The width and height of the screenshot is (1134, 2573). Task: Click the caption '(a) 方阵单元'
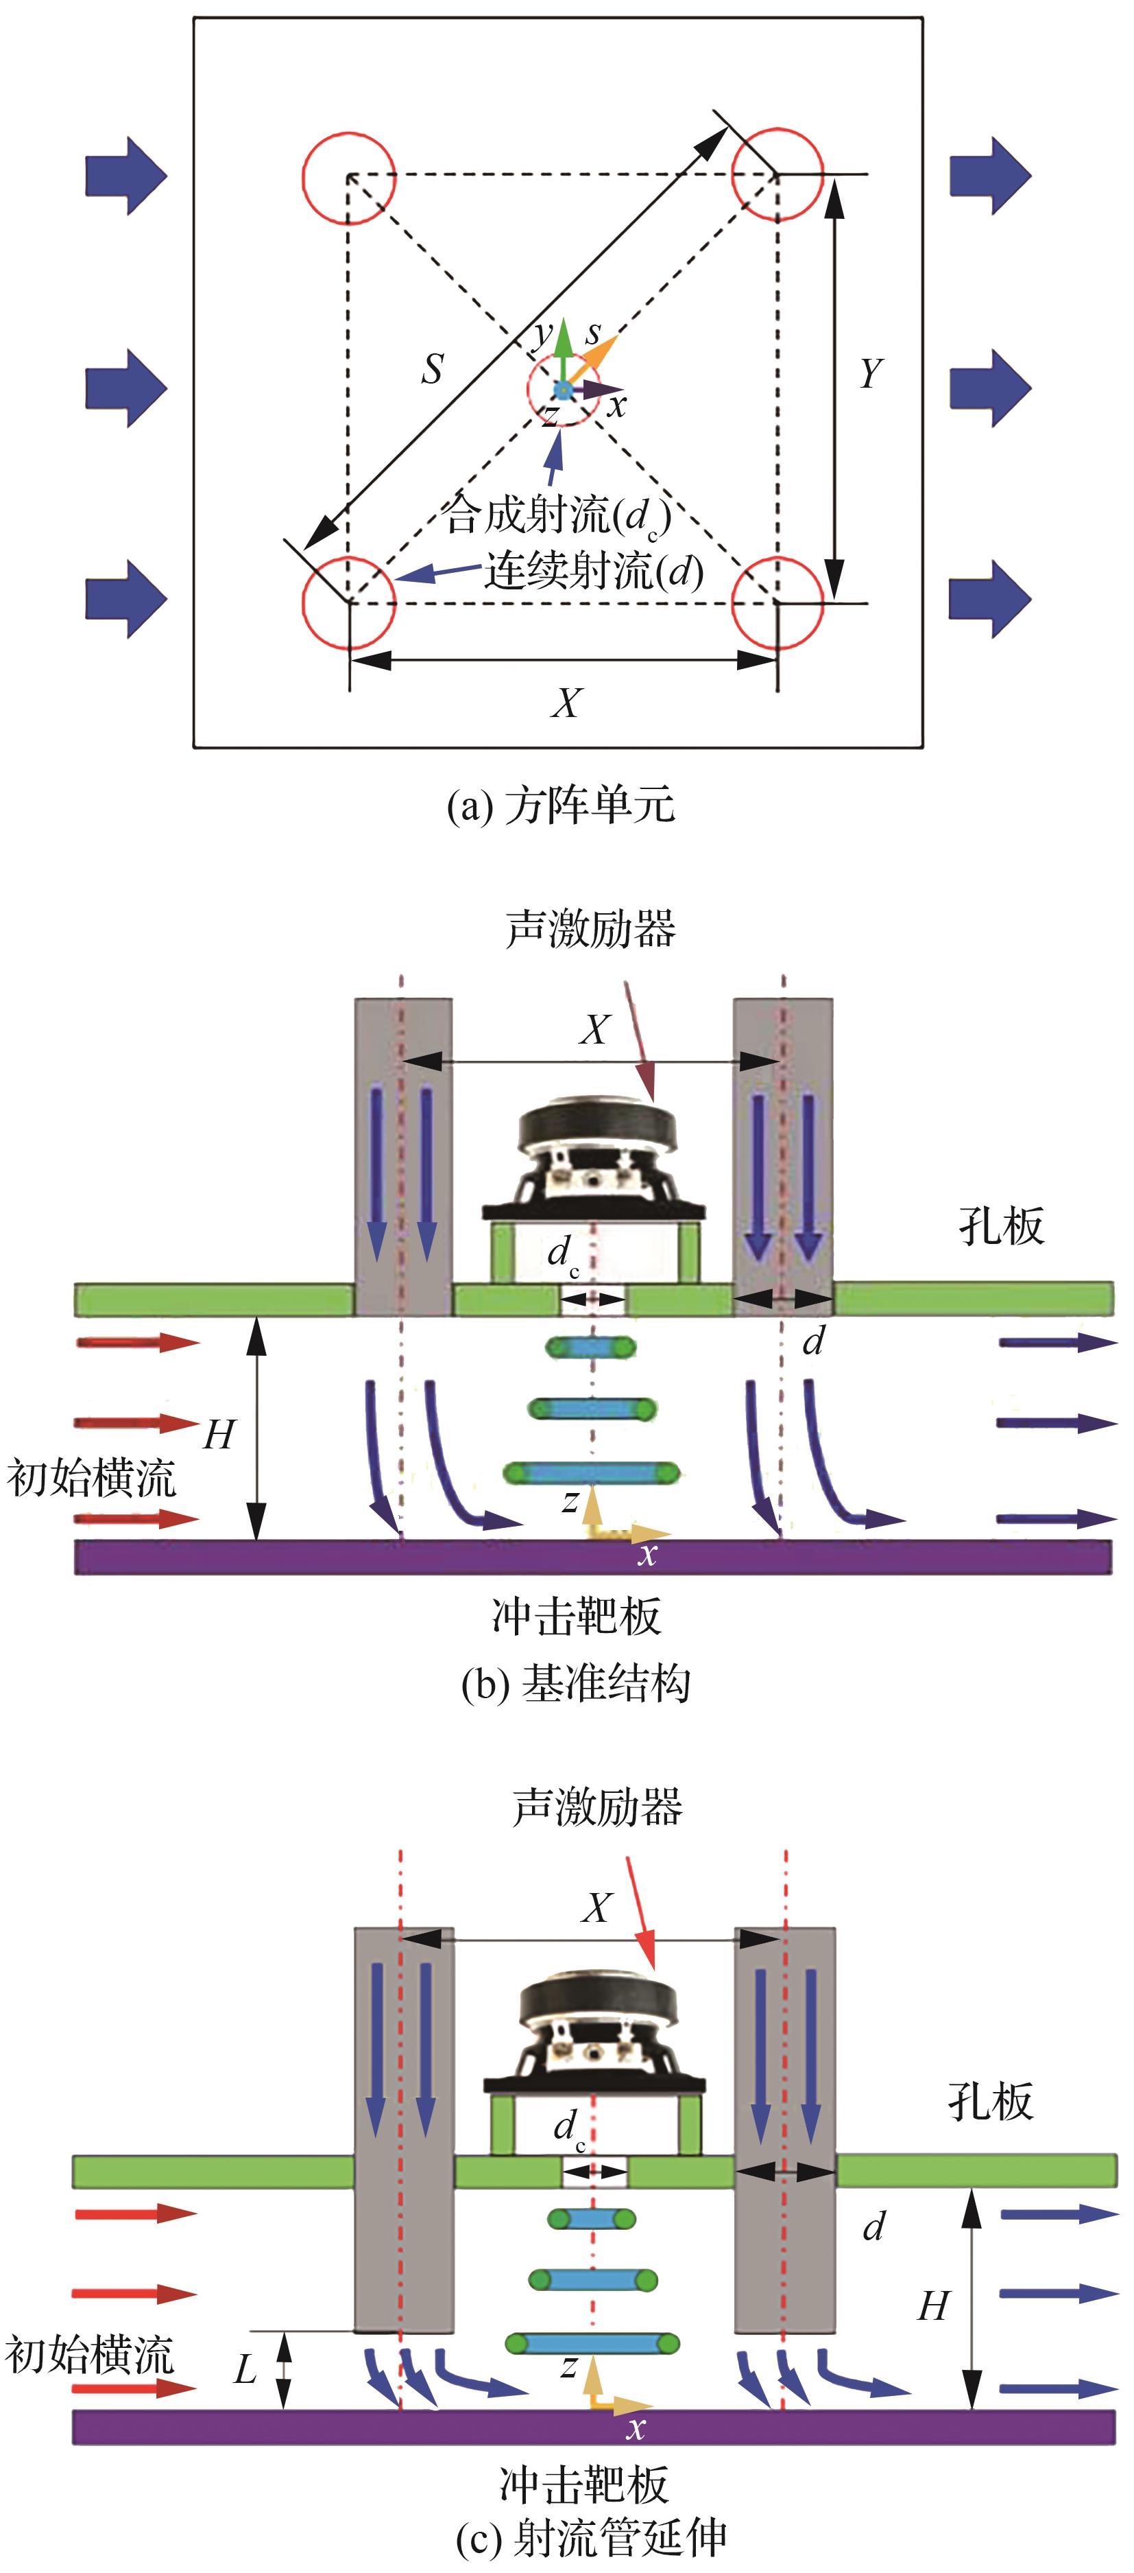pos(560,805)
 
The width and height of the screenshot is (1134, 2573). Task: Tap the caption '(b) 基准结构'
pos(575,1683)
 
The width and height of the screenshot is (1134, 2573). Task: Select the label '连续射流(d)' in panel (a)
pos(594,572)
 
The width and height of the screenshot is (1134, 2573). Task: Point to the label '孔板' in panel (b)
pos(1000,1225)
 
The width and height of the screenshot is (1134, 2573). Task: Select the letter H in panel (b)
pos(219,1434)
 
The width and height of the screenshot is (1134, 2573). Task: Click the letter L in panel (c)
pos(245,2369)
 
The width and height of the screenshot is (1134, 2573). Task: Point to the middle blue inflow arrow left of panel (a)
pos(125,388)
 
